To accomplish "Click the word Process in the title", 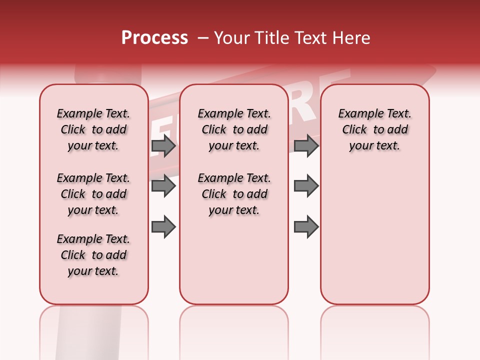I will pyautogui.click(x=154, y=38).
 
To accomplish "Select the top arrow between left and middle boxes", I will pyautogui.click(x=163, y=146).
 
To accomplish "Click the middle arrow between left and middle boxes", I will pyautogui.click(x=163, y=186).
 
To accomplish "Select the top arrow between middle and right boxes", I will pyautogui.click(x=306, y=146).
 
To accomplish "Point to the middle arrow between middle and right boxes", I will pyautogui.click(x=306, y=186).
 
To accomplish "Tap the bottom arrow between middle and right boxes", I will pyautogui.click(x=306, y=226).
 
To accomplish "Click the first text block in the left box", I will pyautogui.click(x=93, y=129).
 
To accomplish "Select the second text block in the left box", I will pyautogui.click(x=93, y=194).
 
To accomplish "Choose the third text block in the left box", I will pyautogui.click(x=93, y=255).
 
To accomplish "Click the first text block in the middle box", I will pyautogui.click(x=234, y=129).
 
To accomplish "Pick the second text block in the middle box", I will pyautogui.click(x=234, y=194).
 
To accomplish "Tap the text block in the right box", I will pyautogui.click(x=375, y=129).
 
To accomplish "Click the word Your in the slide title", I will pyautogui.click(x=228, y=38).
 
